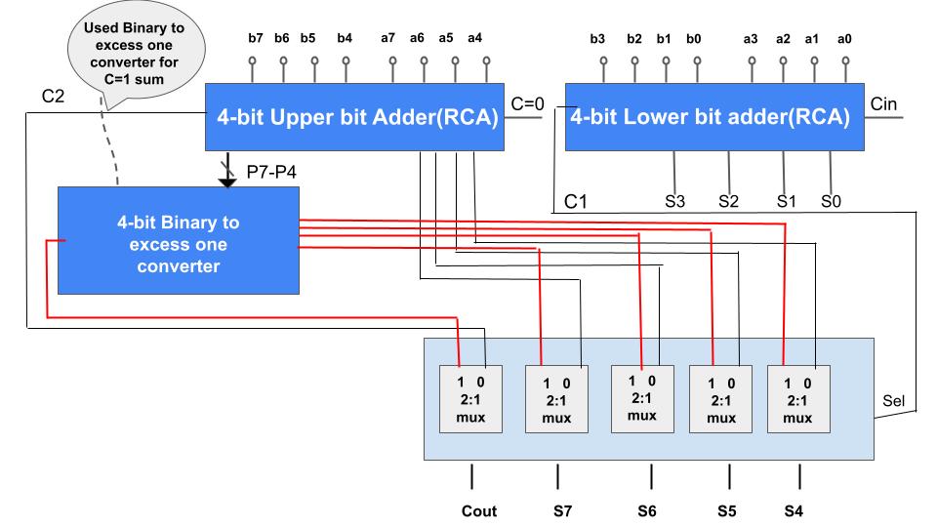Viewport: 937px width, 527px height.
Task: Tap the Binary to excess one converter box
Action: (179, 239)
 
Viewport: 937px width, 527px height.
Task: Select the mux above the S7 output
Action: (557, 398)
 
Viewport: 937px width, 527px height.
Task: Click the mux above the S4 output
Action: (798, 398)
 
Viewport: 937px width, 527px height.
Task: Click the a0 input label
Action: (846, 38)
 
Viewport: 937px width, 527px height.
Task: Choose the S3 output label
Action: (674, 202)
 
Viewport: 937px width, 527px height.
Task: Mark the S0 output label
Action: (830, 202)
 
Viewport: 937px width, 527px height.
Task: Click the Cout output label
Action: (479, 510)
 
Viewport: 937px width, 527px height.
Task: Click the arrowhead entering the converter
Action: (228, 179)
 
